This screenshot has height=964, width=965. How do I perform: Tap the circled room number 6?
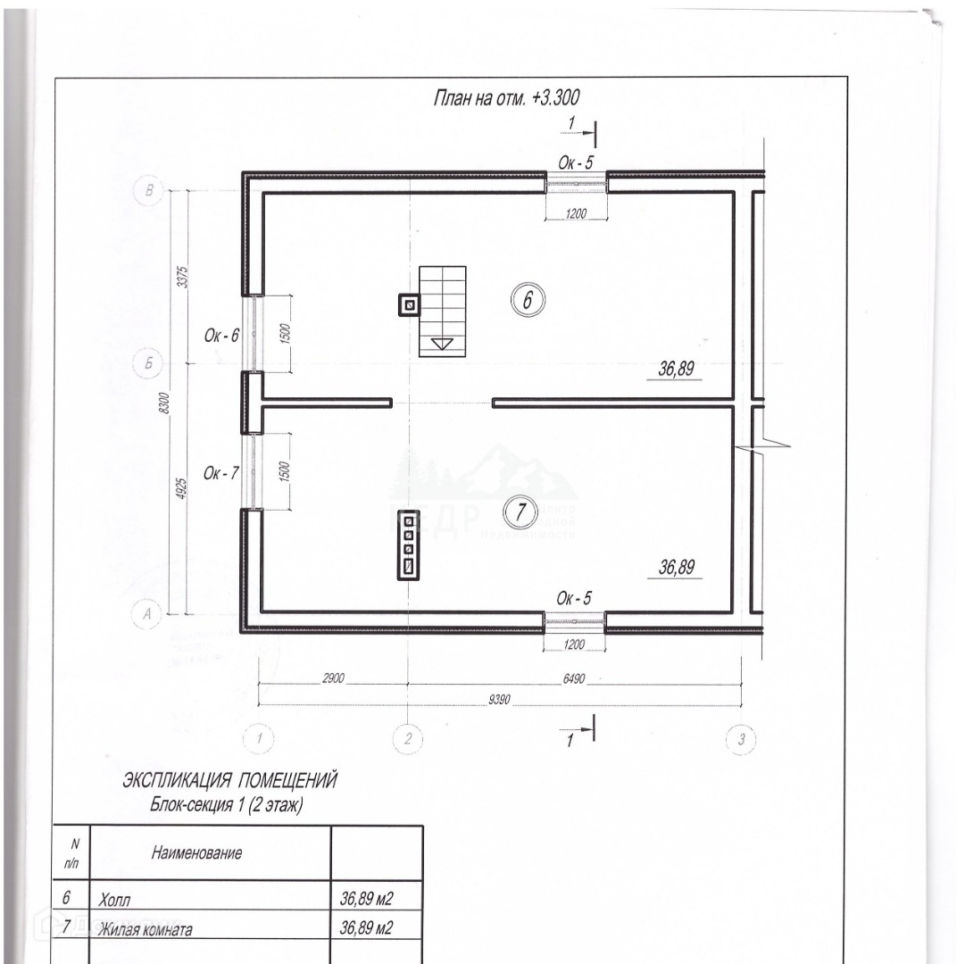[527, 301]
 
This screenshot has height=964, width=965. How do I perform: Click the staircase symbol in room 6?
[444, 308]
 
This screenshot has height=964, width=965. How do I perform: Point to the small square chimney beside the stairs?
[410, 306]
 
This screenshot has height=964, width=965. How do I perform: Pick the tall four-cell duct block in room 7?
[409, 544]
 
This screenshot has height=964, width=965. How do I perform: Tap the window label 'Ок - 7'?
[221, 473]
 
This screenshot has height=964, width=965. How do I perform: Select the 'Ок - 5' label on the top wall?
[576, 162]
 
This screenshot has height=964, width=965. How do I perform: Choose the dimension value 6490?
[574, 677]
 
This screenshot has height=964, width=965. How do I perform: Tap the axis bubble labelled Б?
[147, 363]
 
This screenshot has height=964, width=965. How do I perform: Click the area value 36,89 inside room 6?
[677, 367]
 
